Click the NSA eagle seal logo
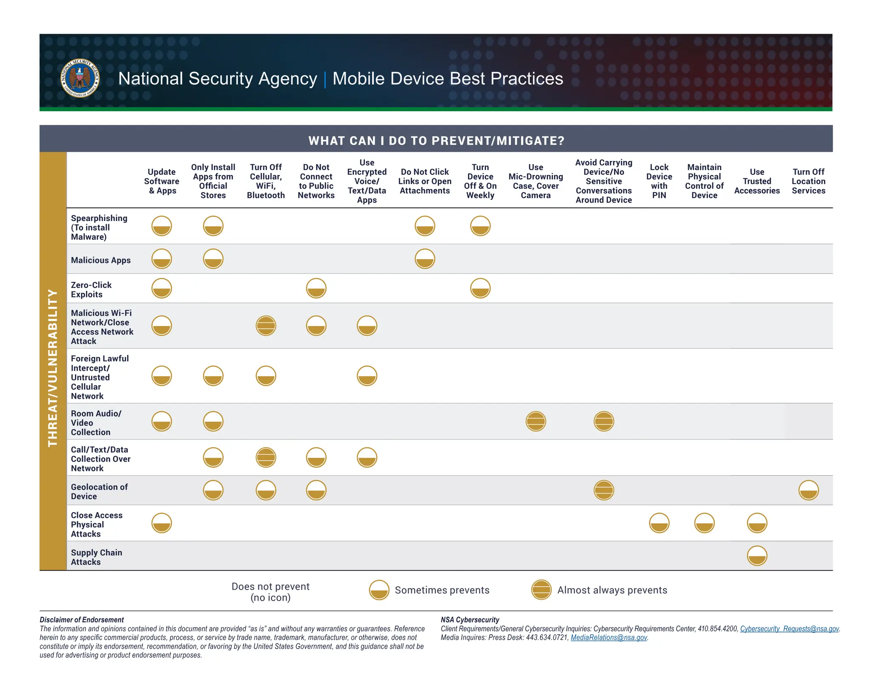[80, 78]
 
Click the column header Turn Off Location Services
[808, 181]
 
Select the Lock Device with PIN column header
[659, 181]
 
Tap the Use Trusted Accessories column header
[757, 181]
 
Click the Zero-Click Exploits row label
[91, 290]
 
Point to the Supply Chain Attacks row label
[96, 557]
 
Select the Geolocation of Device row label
[99, 491]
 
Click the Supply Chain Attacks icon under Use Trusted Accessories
[757, 556]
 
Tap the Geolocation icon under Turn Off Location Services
[808, 490]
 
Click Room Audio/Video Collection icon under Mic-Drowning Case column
[536, 422]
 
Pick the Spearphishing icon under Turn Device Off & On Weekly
[480, 226]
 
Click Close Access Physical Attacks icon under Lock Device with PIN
[659, 523]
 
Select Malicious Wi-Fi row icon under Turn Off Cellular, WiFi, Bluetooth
[266, 326]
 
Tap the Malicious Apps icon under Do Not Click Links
[425, 259]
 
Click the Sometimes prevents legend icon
[379, 590]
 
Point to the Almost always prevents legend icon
[541, 590]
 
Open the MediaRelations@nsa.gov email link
[608, 637]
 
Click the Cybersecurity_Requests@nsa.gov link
[789, 629]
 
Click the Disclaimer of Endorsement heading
[82, 620]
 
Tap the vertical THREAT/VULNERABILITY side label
[53, 368]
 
